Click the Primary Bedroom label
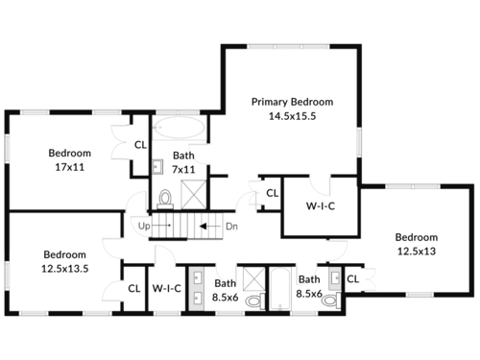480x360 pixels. [x=292, y=102]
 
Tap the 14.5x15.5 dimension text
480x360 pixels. [x=292, y=116]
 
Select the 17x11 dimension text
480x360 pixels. [x=70, y=167]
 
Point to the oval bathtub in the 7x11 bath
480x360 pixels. [x=179, y=127]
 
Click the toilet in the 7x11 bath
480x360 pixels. [x=165, y=199]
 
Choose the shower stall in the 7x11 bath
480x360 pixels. [x=194, y=195]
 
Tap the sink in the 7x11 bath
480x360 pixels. [x=157, y=167]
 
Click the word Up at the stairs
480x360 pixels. [x=144, y=226]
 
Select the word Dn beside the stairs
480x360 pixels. [x=231, y=227]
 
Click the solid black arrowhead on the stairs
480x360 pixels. [x=204, y=227]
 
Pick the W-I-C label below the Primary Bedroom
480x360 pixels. [x=321, y=206]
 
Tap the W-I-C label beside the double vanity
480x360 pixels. [x=167, y=288]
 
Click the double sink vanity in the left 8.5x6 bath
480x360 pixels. [x=197, y=289]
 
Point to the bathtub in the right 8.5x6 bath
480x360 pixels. [x=280, y=289]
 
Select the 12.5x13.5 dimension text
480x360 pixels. [x=65, y=269]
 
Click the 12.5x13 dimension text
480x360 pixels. [x=417, y=252]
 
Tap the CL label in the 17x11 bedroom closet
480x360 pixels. [x=140, y=145]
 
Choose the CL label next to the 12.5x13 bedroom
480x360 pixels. [x=353, y=279]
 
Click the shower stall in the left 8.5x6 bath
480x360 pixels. [x=254, y=278]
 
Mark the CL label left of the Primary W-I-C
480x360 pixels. [x=273, y=193]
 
